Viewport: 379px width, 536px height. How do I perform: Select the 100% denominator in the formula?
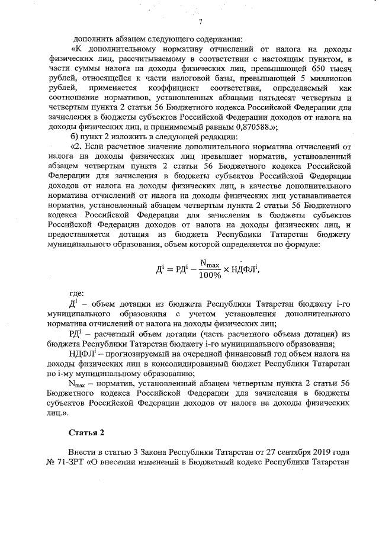point(210,274)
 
